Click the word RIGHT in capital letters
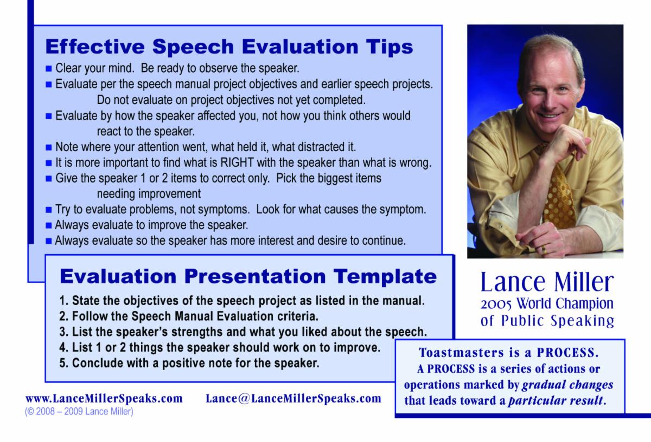click(237, 162)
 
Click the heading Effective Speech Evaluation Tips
click(229, 47)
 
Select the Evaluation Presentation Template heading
click(248, 276)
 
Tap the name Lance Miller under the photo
click(547, 282)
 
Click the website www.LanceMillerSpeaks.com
click(104, 399)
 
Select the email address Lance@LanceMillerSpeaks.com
click(293, 399)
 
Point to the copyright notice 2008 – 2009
click(79, 412)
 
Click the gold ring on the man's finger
click(544, 249)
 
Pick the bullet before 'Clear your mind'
click(48, 69)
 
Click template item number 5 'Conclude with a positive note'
click(189, 363)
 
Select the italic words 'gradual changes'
click(567, 385)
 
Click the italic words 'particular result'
click(556, 400)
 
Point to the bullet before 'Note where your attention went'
click(48, 147)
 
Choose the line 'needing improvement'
click(149, 194)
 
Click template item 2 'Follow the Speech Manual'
click(189, 316)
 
